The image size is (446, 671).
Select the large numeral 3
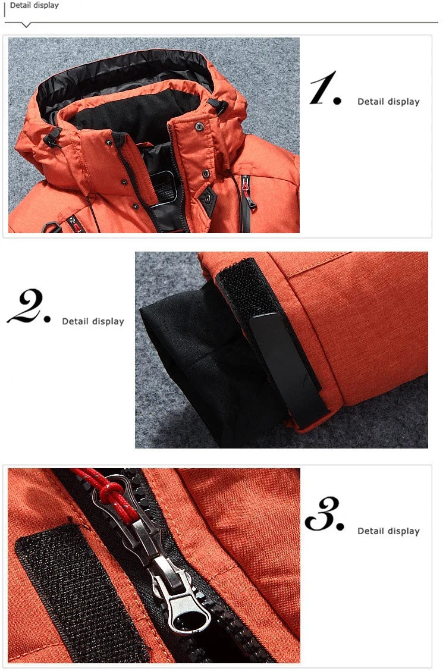pyautogui.click(x=324, y=515)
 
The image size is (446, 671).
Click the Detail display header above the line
pyautogui.click(x=34, y=5)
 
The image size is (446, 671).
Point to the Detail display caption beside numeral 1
pyautogui.click(x=388, y=102)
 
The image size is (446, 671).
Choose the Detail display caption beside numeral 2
pyautogui.click(x=93, y=321)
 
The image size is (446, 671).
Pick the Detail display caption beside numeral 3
pyautogui.click(x=388, y=531)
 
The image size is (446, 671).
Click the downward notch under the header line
pyautogui.click(x=26, y=25)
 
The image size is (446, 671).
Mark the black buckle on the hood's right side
pyautogui.click(x=218, y=106)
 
